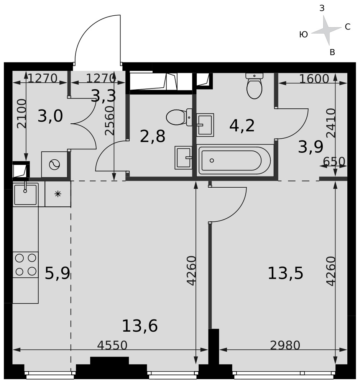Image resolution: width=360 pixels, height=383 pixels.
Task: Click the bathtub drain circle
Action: pyautogui.click(x=212, y=160)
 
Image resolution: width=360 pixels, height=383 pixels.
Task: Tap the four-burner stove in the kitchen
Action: pyautogui.click(x=25, y=265)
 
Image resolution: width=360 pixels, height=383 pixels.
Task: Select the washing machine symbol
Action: pyautogui.click(x=54, y=164)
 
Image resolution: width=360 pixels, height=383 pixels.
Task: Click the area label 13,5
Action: pyautogui.click(x=285, y=273)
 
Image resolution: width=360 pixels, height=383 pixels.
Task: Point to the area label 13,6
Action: pyautogui.click(x=140, y=326)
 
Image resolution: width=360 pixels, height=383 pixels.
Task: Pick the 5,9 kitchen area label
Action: pyautogui.click(x=58, y=273)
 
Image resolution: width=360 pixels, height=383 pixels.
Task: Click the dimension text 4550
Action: pyautogui.click(x=112, y=345)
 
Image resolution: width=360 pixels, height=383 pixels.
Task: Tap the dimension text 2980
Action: pyautogui.click(x=285, y=345)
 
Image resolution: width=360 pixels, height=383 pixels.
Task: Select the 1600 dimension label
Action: pyautogui.click(x=314, y=79)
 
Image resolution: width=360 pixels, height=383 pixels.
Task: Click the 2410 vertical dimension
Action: pyautogui.click(x=331, y=123)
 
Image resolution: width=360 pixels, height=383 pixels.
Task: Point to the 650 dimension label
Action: pyautogui.click(x=334, y=162)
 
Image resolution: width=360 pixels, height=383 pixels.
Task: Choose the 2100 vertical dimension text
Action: pyautogui.click(x=21, y=114)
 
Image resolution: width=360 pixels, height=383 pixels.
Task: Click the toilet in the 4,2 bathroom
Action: pyautogui.click(x=254, y=86)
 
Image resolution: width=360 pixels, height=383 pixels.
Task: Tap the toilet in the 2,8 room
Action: pyautogui.click(x=179, y=117)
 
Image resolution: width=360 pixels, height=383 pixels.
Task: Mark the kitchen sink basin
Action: pyautogui.click(x=25, y=195)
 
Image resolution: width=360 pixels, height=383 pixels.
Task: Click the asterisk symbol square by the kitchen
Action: pyautogui.click(x=58, y=194)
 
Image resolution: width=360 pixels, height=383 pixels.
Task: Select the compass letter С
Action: pyautogui.click(x=347, y=27)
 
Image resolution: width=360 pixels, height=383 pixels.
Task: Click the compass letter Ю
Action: pyautogui.click(x=304, y=35)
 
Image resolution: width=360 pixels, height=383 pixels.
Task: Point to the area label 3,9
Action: pyautogui.click(x=311, y=147)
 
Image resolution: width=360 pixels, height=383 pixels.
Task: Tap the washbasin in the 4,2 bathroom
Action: pyautogui.click(x=205, y=125)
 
